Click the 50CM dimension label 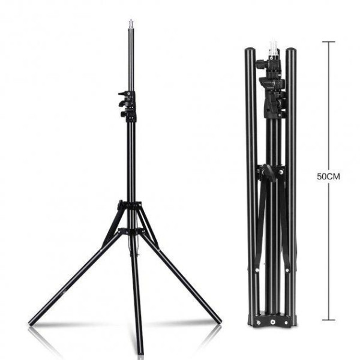[328, 176]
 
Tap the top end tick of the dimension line [329, 42]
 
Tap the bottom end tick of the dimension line [329, 320]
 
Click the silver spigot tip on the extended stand [131, 23]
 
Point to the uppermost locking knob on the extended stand [123, 94]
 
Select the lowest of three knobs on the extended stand [124, 113]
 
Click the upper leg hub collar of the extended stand [129, 205]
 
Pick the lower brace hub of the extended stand [130, 230]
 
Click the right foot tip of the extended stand [218, 321]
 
